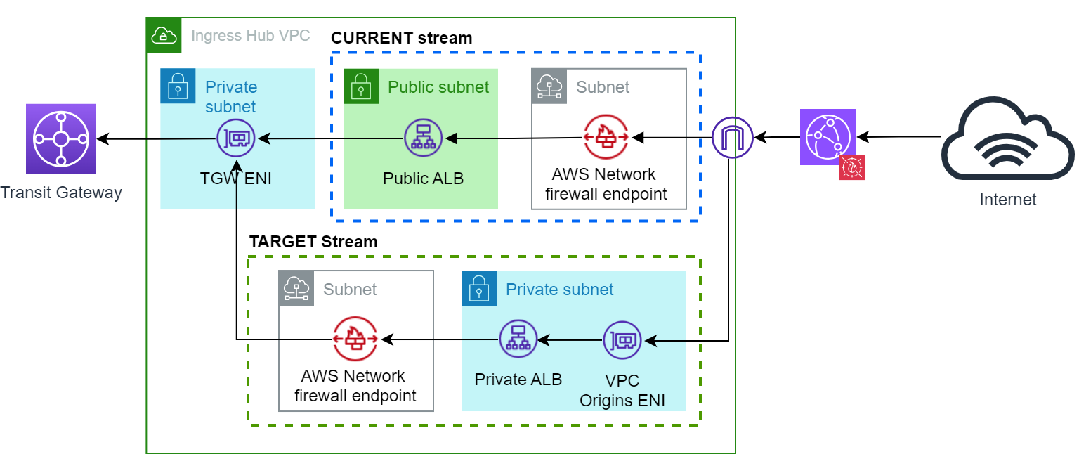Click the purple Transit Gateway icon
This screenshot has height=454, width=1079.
[60, 138]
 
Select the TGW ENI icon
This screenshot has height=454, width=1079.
[237, 138]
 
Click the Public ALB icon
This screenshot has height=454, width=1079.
[424, 138]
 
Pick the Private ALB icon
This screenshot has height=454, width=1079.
[518, 340]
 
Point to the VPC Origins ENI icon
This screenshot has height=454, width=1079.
[622, 340]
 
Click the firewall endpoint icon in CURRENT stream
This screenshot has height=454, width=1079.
[606, 137]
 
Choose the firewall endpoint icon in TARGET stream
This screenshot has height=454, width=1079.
[355, 340]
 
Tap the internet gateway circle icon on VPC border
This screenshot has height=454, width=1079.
[732, 137]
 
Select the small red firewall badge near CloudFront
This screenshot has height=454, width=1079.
[852, 167]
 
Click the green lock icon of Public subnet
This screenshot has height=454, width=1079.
[361, 86]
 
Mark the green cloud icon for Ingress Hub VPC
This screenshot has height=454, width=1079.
[164, 35]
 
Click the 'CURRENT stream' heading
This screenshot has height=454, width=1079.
[402, 38]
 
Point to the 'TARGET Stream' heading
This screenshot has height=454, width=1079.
[313, 242]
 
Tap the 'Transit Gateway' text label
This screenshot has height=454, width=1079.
[61, 192]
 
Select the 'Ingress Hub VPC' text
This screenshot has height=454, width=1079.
[251, 36]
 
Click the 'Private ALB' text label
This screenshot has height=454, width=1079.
[518, 380]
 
